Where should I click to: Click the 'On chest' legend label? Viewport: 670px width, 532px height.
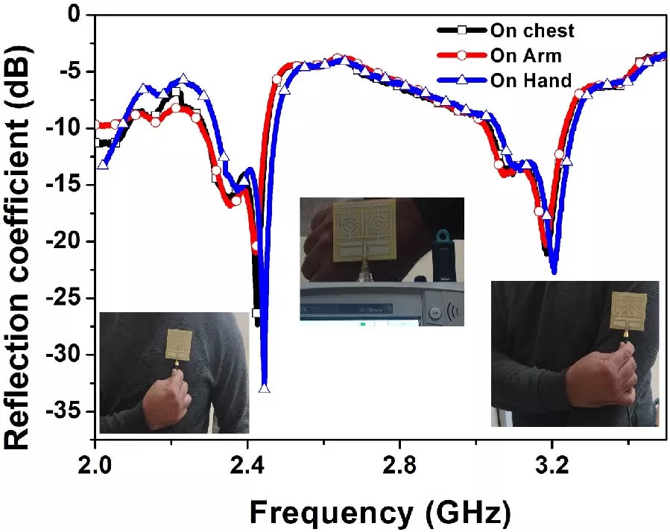coord(532,31)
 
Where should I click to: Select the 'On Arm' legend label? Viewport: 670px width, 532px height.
coord(526,55)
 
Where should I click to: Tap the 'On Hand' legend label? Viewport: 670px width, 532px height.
coord(531,80)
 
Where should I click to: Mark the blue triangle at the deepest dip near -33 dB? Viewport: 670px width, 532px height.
coord(264,387)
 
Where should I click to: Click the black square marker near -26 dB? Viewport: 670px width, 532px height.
coord(256,313)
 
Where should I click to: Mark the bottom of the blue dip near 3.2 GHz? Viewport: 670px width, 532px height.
coord(553,273)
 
